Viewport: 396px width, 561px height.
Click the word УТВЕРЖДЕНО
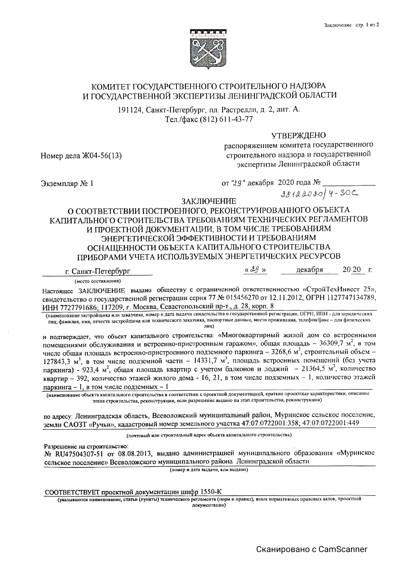click(x=298, y=135)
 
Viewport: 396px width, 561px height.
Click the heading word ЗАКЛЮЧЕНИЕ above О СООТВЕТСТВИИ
click(x=209, y=201)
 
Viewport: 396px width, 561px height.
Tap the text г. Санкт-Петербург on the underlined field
click(x=98, y=271)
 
